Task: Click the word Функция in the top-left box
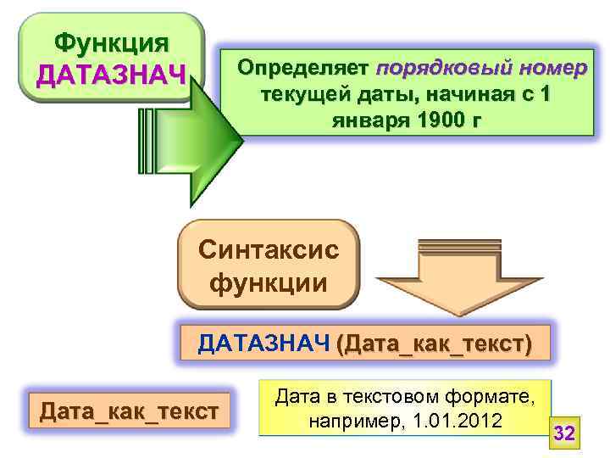110,42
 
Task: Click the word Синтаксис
268,250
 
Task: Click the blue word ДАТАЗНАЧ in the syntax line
263,344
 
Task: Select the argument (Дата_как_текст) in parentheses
434,344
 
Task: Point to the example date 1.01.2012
455,422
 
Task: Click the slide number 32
564,434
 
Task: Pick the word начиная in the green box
470,94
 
